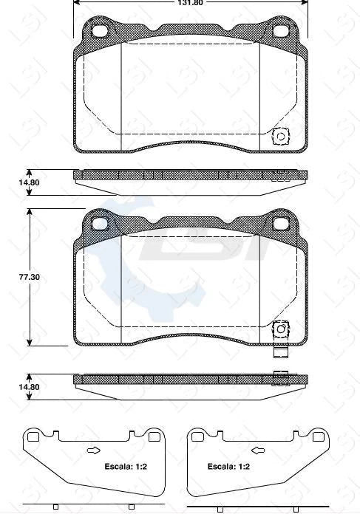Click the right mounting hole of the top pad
(x=282, y=32)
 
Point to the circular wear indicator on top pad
(x=281, y=137)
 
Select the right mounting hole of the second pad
(x=282, y=224)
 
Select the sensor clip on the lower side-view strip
(x=280, y=379)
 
